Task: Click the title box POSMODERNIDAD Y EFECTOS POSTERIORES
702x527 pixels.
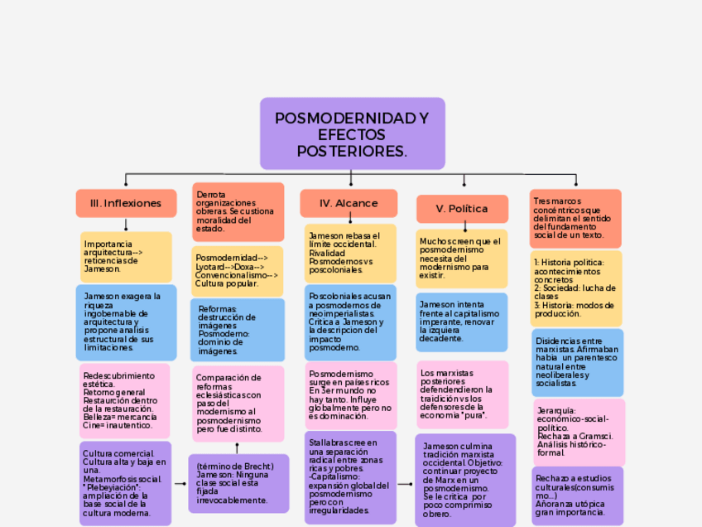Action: pos(352,133)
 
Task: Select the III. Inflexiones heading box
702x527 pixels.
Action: pos(126,203)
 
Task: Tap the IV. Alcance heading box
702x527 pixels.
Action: pos(350,203)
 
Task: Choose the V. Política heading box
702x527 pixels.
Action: pos(462,209)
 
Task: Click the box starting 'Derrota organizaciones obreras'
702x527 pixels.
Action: pos(238,211)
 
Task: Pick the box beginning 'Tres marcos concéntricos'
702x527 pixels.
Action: pos(575,219)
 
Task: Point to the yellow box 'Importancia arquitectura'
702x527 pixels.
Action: pos(126,257)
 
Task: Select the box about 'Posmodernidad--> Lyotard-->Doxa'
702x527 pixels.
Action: pos(238,270)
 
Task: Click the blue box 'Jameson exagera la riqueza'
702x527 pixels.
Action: pos(126,322)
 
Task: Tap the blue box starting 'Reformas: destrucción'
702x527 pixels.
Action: pos(238,329)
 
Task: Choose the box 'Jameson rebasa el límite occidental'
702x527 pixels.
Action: pos(350,253)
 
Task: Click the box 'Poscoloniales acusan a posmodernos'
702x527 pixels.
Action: pos(350,322)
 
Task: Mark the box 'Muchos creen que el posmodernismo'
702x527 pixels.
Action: pos(462,258)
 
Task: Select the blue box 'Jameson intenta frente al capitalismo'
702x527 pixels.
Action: pos(462,322)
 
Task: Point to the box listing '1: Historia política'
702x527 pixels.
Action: pos(575,288)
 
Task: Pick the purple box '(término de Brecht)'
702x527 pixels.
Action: pos(238,483)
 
